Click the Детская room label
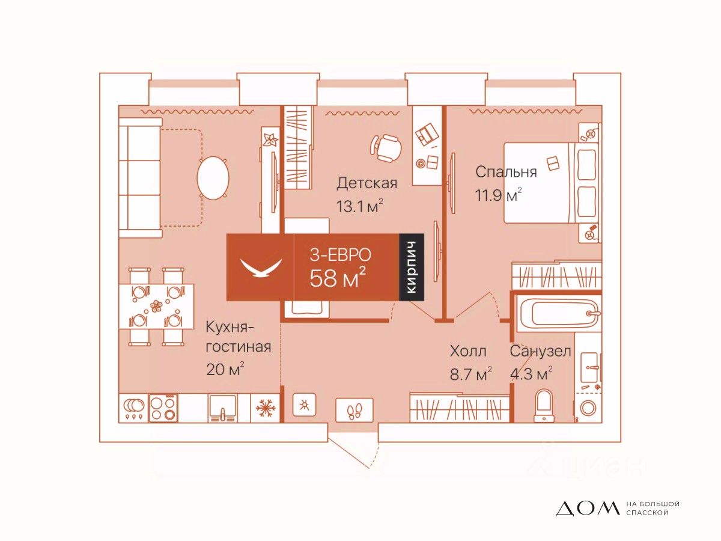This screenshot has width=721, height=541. pos(367,183)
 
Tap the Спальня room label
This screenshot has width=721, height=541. pos(506,172)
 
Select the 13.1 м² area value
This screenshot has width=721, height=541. pos(360,206)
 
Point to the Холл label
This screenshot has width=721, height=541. pos(467,351)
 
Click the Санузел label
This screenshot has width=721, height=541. pos(540,351)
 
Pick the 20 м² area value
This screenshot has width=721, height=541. pos(225,369)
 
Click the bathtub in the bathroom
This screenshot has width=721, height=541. pos(558,313)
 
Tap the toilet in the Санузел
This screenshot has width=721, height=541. pos(544,405)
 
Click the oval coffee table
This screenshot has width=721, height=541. pos(213,178)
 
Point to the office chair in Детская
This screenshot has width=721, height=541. pos(386,148)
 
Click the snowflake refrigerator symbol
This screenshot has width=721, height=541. pos(265,408)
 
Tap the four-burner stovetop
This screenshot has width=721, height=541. pos(163,408)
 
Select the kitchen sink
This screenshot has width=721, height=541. pos(223,408)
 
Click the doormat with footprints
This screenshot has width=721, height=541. pos(354,411)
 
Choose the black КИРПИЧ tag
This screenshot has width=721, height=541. pos(412,267)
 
